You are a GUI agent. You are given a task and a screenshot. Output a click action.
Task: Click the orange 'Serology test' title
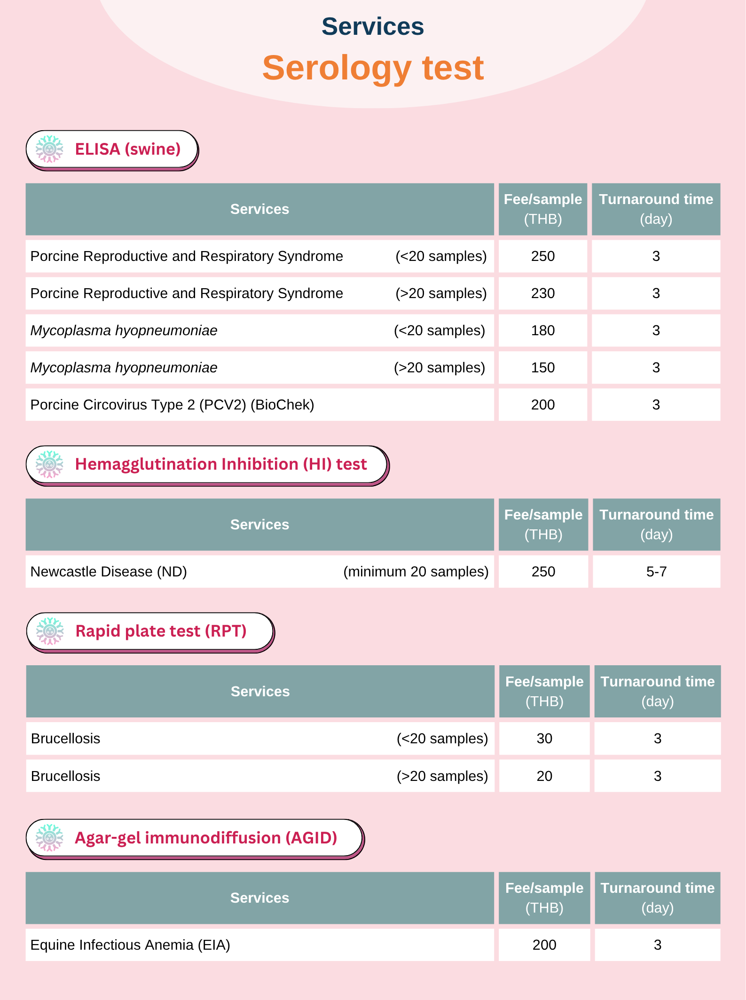click(x=373, y=68)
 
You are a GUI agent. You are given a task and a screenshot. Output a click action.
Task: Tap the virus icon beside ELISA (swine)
click(x=49, y=149)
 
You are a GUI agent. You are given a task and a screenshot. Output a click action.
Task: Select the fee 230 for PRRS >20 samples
click(x=543, y=293)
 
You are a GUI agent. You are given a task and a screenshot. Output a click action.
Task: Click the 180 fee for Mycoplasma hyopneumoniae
click(x=543, y=331)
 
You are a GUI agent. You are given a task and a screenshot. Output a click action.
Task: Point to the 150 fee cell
click(x=543, y=368)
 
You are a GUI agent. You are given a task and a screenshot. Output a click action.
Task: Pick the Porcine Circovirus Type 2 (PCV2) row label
click(x=172, y=405)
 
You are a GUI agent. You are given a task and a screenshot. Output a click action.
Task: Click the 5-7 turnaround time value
click(x=656, y=572)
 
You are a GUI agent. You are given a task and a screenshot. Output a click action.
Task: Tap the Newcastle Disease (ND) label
click(x=109, y=572)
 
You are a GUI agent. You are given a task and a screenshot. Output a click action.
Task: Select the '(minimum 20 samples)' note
click(x=416, y=572)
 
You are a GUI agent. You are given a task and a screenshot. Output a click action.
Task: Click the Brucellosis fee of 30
click(x=544, y=739)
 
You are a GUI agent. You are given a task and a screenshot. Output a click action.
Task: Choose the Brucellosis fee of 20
click(x=544, y=776)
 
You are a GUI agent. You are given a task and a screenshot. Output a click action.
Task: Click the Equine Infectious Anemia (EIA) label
click(x=130, y=945)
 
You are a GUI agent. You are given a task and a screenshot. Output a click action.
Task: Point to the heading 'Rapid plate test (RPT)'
click(x=161, y=631)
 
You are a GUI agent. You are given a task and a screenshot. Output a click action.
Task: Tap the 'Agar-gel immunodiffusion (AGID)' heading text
click(x=206, y=838)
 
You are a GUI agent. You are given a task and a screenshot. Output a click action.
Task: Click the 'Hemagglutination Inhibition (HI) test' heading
click(x=221, y=464)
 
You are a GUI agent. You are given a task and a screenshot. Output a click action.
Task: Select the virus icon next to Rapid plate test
click(x=50, y=631)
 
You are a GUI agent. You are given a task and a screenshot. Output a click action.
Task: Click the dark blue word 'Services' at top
click(x=373, y=26)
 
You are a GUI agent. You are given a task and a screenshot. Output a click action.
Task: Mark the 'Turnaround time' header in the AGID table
click(x=657, y=888)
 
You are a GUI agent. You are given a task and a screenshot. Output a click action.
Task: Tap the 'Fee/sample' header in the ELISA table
click(x=543, y=199)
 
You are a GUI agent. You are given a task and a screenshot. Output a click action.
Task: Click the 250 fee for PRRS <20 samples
click(x=543, y=256)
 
